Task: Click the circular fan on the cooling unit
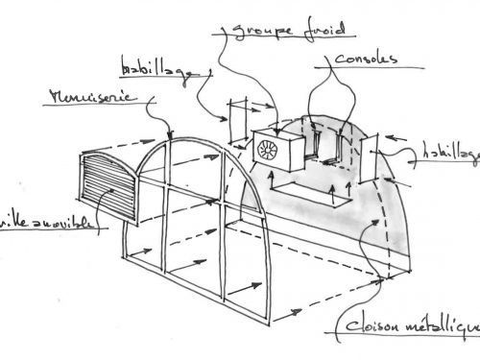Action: pyautogui.click(x=266, y=150)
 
